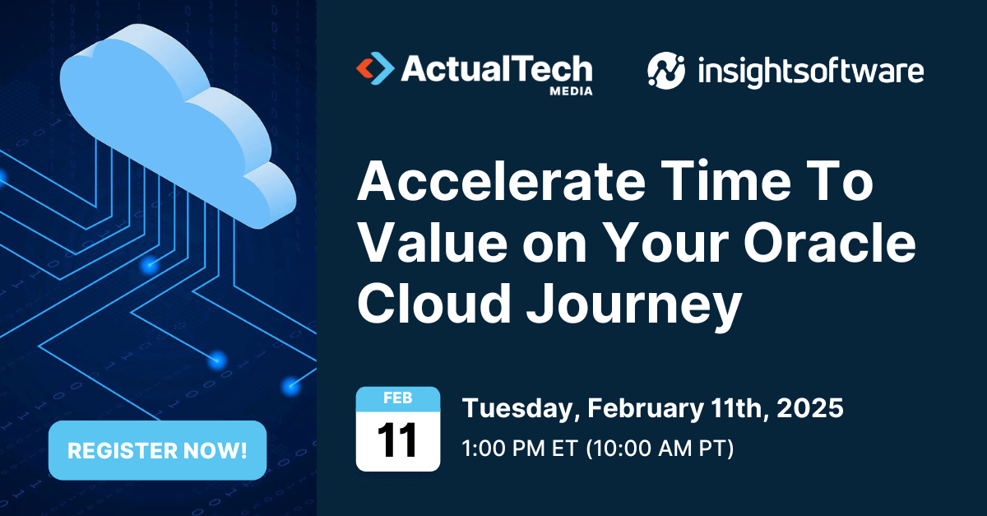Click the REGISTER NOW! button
click(157, 450)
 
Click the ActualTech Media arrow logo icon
click(374, 69)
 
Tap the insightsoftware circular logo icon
click(665, 71)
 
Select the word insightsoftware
click(810, 72)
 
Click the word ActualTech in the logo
click(496, 68)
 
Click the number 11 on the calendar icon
click(398, 440)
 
